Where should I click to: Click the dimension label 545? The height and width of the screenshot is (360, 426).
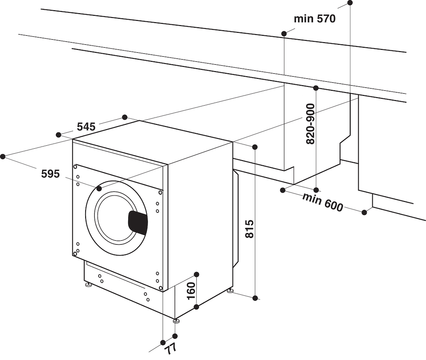tap(86, 127)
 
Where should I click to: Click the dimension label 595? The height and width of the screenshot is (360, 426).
tap(50, 173)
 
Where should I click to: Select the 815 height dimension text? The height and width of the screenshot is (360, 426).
tap(250, 229)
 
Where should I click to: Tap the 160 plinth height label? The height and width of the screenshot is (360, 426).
tap(191, 291)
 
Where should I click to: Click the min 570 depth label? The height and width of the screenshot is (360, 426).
tap(314, 19)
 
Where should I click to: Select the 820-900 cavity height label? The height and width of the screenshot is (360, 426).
tap(311, 124)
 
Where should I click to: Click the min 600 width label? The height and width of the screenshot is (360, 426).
tap(322, 202)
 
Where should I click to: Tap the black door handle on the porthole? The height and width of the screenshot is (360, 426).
tap(138, 222)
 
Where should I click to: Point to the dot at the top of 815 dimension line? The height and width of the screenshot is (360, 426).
tap(255, 147)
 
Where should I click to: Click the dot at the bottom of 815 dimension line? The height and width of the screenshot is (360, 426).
tap(255, 298)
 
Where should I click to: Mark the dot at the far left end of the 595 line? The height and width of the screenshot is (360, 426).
tap(3, 156)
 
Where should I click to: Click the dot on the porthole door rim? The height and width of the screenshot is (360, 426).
tap(99, 188)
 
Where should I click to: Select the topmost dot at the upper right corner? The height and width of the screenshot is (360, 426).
tap(350, 3)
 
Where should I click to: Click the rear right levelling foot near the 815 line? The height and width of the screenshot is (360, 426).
tap(230, 291)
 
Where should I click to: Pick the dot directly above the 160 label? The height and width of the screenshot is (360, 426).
tap(196, 274)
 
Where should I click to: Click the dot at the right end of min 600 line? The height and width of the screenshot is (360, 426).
tap(364, 212)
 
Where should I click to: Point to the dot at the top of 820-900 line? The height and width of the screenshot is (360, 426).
tap(316, 88)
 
